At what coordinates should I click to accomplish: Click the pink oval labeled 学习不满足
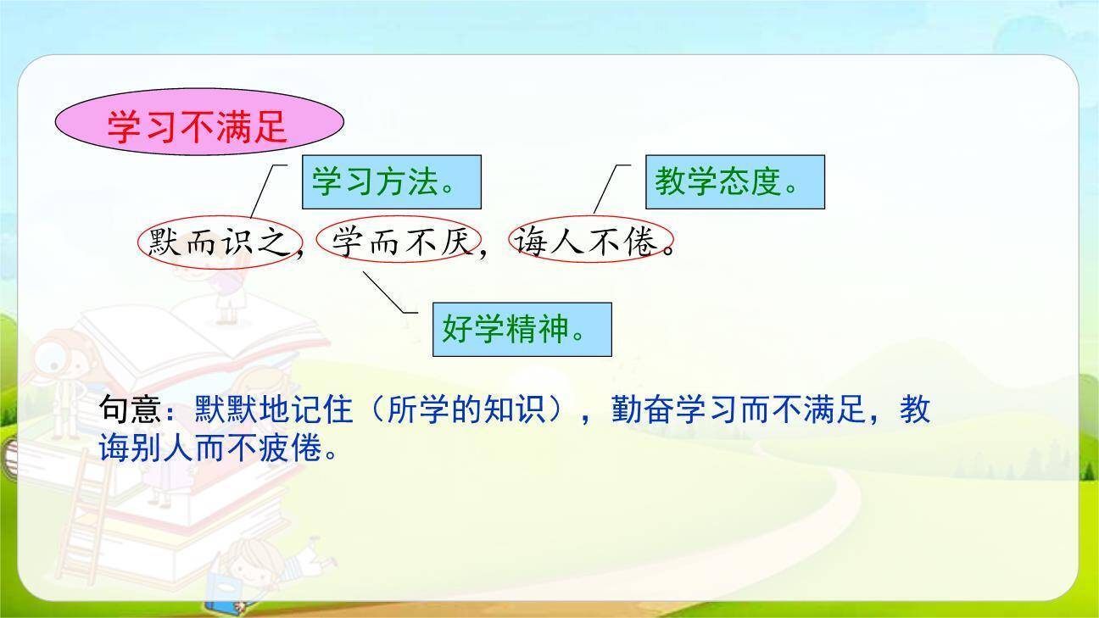(x=199, y=124)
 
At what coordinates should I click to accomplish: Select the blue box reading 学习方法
(x=392, y=181)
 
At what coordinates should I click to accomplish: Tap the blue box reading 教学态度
(x=734, y=181)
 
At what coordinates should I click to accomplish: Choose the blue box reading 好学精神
(x=522, y=329)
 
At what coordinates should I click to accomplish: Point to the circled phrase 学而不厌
(x=399, y=243)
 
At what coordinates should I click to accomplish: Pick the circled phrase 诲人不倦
(x=591, y=243)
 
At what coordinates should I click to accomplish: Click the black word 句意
(x=130, y=410)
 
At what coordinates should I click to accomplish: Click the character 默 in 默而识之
(x=165, y=243)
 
